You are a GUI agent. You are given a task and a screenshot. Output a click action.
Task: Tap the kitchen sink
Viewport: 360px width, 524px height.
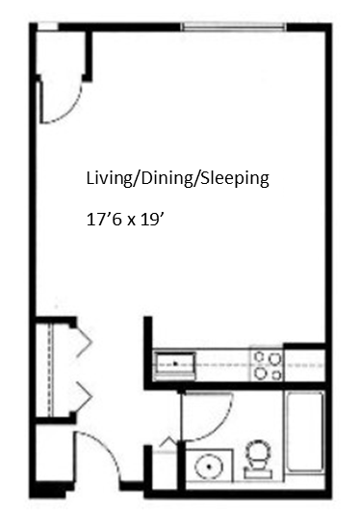pyautogui.click(x=176, y=364)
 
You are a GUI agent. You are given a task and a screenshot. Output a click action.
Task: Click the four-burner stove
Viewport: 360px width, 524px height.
pyautogui.click(x=268, y=364)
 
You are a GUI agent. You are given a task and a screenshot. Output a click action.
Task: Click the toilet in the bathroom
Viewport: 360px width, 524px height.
pyautogui.click(x=258, y=459)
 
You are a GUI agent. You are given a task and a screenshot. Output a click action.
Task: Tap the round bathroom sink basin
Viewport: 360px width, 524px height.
pyautogui.click(x=207, y=466)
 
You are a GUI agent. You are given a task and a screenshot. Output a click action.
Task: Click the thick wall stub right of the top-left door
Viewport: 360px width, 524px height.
pyautogui.click(x=89, y=56)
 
